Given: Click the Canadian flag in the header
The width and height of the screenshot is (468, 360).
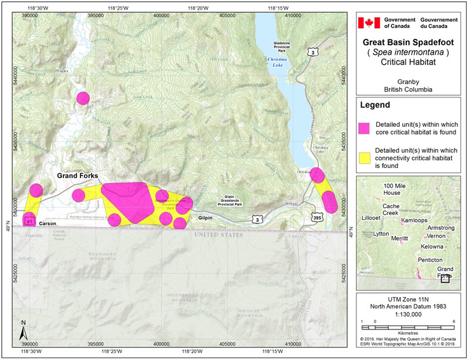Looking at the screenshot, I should click(x=369, y=23).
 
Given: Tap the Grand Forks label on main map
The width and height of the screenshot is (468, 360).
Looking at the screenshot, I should click(x=77, y=176).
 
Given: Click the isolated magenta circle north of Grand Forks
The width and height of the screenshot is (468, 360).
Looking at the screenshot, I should click(x=83, y=98).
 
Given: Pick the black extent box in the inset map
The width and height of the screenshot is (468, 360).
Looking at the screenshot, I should click(x=445, y=278).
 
